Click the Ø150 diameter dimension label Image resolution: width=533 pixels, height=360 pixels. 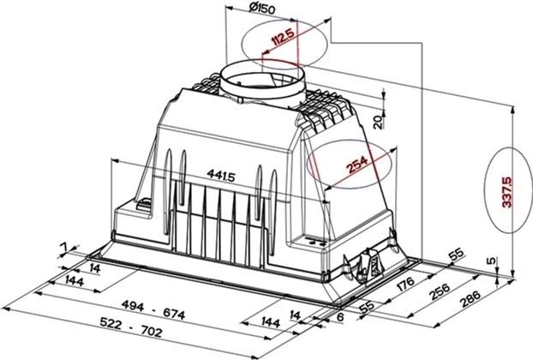coord(261,9)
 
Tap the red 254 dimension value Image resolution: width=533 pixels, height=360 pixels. coord(357,165)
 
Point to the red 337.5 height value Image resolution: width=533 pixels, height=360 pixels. coord(507,192)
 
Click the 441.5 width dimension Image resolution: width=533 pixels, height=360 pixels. coord(221,176)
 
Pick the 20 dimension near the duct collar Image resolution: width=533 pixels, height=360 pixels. coord(379,122)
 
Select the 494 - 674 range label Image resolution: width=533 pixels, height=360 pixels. coord(153,309)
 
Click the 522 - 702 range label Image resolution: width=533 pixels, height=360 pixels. coord(131,327)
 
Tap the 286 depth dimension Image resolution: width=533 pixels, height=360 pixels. coord(470,298)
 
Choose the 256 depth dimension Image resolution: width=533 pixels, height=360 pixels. coord(440,291)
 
